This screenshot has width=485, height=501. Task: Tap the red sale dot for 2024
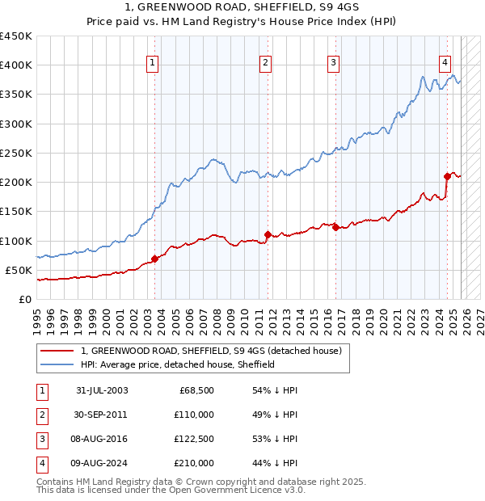447,175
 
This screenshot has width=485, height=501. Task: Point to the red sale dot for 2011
267,234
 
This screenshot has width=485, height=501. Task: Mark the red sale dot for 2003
154,259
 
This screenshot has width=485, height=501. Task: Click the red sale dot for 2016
335,227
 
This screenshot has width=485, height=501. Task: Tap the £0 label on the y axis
24,299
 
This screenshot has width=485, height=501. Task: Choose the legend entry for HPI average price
178,364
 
